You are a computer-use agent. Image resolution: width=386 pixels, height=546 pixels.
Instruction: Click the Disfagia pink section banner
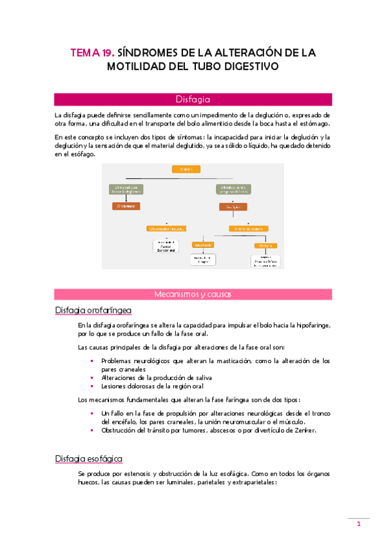193,99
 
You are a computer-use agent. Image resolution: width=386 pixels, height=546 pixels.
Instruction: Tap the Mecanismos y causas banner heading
193,294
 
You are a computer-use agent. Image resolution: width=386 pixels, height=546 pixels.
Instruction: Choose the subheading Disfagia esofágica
89,458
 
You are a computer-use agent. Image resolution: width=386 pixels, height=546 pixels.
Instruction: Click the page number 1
358,525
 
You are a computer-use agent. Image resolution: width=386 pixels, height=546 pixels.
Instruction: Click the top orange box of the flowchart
186,169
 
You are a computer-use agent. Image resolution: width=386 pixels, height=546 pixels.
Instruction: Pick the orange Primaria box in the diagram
265,245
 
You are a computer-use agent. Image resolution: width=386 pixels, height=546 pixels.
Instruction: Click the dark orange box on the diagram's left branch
126,206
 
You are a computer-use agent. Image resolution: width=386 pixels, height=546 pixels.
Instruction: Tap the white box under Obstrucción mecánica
166,246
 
